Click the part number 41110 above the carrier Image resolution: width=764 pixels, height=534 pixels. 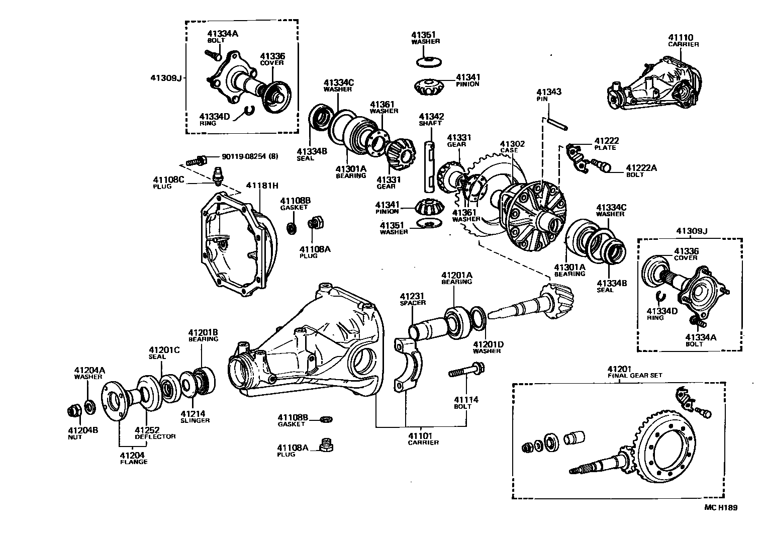pyautogui.click(x=681, y=37)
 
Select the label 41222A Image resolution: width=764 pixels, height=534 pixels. pyautogui.click(x=641, y=168)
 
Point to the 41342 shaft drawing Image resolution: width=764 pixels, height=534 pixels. pyautogui.click(x=430, y=166)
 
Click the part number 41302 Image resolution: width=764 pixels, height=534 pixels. pyautogui.click(x=512, y=144)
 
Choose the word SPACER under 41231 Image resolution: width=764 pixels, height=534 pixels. pyautogui.click(x=413, y=303)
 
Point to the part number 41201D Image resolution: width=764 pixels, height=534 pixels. pyautogui.click(x=487, y=344)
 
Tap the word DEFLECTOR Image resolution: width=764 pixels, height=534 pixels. pyautogui.click(x=155, y=436)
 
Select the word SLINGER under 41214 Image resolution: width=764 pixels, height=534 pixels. pyautogui.click(x=195, y=420)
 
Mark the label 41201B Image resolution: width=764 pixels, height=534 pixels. pyautogui.click(x=203, y=332)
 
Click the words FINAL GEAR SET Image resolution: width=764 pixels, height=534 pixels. pyautogui.click(x=635, y=375)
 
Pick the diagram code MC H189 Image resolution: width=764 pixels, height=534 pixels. pyautogui.click(x=720, y=508)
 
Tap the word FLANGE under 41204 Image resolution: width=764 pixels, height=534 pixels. pyautogui.click(x=133, y=462)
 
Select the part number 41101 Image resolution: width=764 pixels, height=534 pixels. pyautogui.click(x=423, y=435)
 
